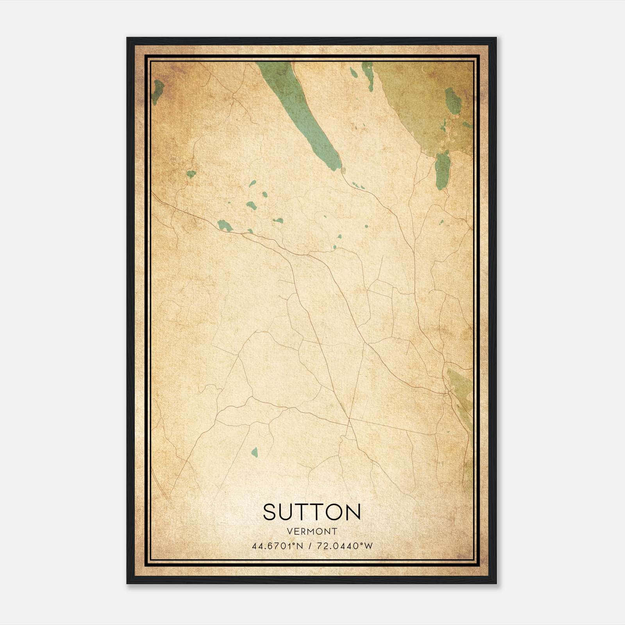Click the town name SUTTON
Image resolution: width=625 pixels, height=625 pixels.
click(x=312, y=512)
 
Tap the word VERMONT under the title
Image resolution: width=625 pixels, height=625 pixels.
click(x=312, y=531)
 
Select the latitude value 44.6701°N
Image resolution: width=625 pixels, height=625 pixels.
click(x=278, y=546)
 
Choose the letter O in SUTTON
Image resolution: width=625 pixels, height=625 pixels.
click(x=334, y=512)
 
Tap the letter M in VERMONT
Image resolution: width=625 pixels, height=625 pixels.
click(x=312, y=531)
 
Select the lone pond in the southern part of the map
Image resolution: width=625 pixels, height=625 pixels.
click(x=255, y=452)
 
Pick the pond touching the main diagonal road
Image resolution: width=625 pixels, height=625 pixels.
click(x=225, y=225)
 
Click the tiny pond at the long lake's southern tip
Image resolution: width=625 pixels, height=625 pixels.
click(x=344, y=170)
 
